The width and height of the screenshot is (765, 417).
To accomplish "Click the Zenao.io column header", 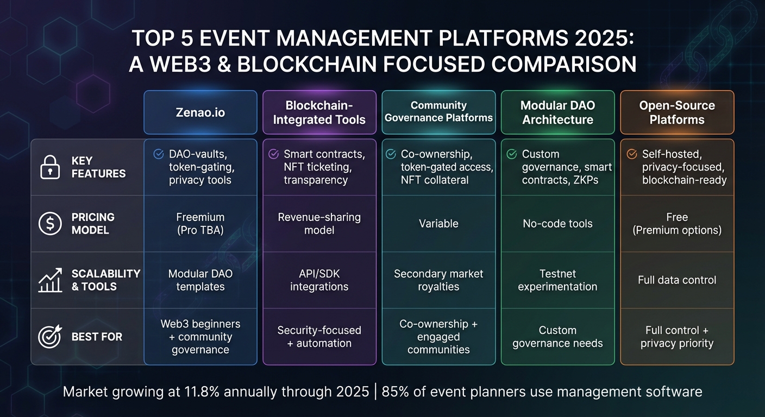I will (200, 112).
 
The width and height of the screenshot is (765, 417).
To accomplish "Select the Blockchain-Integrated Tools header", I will (319, 112).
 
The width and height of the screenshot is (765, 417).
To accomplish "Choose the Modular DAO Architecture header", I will (557, 112).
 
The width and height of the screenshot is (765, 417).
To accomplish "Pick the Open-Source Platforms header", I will (677, 112).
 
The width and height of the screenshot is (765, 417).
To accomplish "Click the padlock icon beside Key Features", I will (50, 167).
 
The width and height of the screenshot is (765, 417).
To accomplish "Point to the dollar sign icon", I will (50, 224).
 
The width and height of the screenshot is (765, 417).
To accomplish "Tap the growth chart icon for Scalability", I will (50, 280).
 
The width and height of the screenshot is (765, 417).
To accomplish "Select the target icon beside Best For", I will (50, 337).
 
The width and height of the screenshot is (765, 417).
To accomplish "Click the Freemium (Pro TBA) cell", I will (200, 224).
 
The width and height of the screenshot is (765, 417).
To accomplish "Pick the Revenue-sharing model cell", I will (319, 224).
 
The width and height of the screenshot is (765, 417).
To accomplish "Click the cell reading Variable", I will (438, 224).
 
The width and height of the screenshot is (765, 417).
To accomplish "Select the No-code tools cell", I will (557, 224).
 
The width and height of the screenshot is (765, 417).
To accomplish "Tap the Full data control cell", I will (677, 280).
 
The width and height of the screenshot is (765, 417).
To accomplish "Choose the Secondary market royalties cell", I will (438, 280).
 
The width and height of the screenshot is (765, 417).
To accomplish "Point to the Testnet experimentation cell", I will (557, 280).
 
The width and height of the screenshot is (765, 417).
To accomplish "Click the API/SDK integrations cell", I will (319, 280).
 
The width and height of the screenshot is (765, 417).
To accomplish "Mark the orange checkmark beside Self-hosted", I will (632, 154).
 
